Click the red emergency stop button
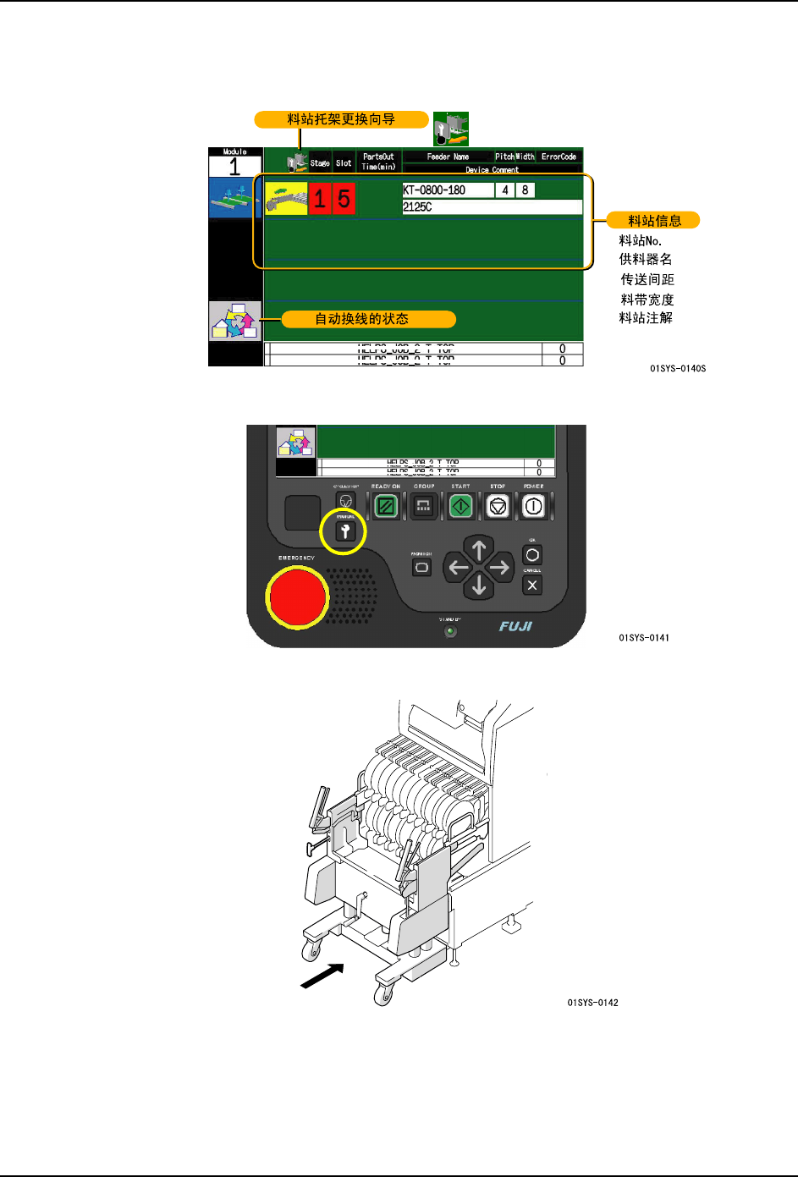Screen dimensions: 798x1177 click(297, 597)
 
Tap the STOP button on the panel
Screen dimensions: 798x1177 click(498, 507)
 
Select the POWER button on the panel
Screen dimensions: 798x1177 click(533, 507)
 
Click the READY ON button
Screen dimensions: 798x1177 click(386, 507)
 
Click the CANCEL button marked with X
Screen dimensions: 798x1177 click(532, 586)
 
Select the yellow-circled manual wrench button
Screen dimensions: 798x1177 click(345, 531)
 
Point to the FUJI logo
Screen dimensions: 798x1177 click(515, 626)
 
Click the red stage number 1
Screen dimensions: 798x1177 click(319, 200)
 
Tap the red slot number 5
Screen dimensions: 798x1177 click(344, 200)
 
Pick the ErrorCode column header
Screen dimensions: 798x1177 click(559, 157)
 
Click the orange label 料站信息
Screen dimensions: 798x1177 click(654, 221)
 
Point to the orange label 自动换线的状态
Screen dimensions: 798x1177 click(361, 319)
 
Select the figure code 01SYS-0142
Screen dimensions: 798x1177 click(592, 1003)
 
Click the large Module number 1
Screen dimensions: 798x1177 click(234, 167)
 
